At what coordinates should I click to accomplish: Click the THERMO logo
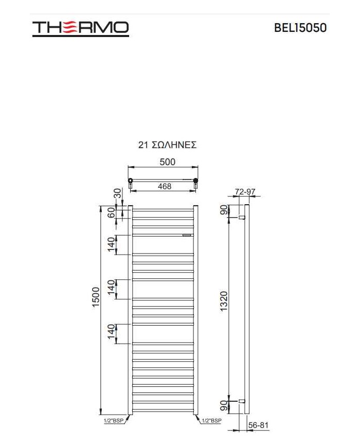click(x=80, y=28)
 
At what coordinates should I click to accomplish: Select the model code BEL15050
click(x=300, y=28)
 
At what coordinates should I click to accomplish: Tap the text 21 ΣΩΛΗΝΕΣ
click(x=167, y=145)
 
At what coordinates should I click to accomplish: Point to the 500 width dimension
click(x=167, y=162)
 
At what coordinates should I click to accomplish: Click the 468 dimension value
click(x=164, y=186)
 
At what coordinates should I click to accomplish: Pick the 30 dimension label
click(x=118, y=193)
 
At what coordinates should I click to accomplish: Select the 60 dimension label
click(x=111, y=212)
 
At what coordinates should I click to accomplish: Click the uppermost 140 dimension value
click(x=111, y=244)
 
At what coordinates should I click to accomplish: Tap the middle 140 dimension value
click(x=111, y=289)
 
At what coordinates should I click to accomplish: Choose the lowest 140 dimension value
click(x=111, y=333)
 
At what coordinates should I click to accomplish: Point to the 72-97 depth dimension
click(x=245, y=192)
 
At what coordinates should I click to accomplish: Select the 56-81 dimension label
click(x=258, y=425)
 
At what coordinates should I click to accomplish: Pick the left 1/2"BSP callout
click(x=115, y=421)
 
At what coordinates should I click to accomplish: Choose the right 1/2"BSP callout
click(x=211, y=421)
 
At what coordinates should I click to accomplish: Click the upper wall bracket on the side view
click(x=241, y=218)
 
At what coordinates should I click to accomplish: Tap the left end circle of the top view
click(x=131, y=181)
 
